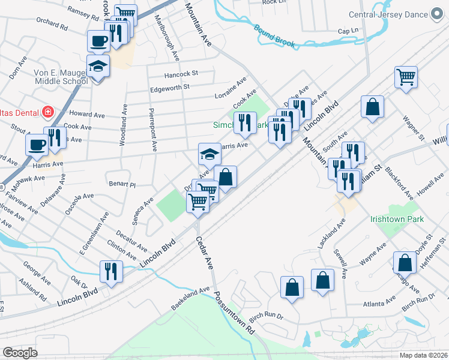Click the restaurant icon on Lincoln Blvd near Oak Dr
(x=111, y=271)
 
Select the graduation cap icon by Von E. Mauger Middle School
(x=98, y=66)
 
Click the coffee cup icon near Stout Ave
(x=37, y=144)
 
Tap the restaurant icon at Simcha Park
(x=244, y=122)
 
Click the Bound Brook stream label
(x=276, y=35)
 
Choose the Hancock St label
(x=182, y=74)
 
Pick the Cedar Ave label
(x=205, y=252)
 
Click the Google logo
(x=20, y=353)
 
